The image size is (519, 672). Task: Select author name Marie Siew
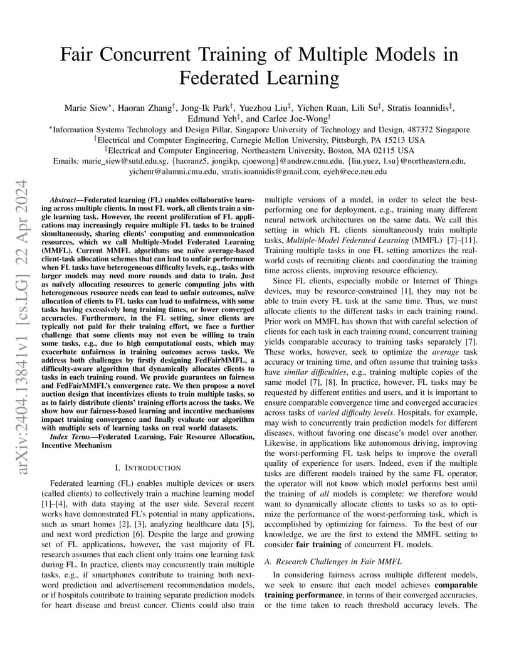tap(85, 108)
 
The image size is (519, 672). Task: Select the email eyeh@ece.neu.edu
tap(354, 171)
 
